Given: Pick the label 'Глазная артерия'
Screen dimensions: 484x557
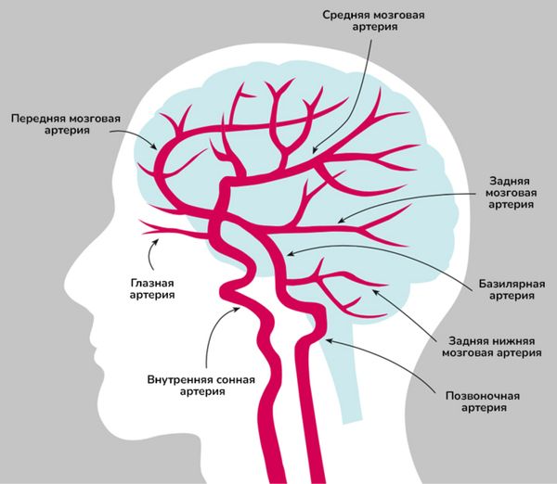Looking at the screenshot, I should (152, 288).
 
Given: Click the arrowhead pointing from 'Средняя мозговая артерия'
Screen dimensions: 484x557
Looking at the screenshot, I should (314, 150).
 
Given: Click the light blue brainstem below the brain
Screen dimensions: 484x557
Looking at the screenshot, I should (350, 380).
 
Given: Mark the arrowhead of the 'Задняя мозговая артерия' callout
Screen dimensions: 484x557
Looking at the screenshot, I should (339, 223).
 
